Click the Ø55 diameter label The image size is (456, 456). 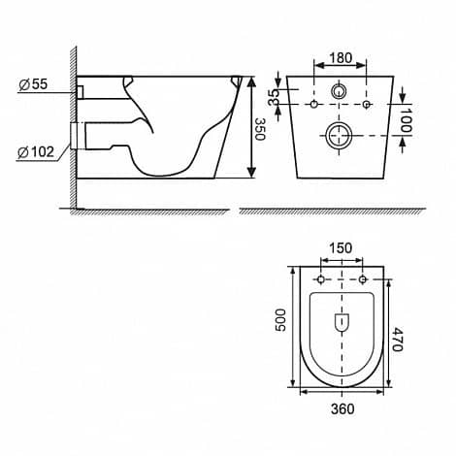click(33, 84)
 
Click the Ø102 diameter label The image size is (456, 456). click(36, 152)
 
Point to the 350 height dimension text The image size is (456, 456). click(260, 129)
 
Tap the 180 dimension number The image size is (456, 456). click(341, 58)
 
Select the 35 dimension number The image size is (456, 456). click(274, 97)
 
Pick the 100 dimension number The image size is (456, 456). click(407, 119)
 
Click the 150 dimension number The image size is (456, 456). click(341, 248)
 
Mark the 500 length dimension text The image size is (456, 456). click(280, 320)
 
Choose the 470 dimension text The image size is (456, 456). click(397, 340)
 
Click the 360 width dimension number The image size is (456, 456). click(342, 409)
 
